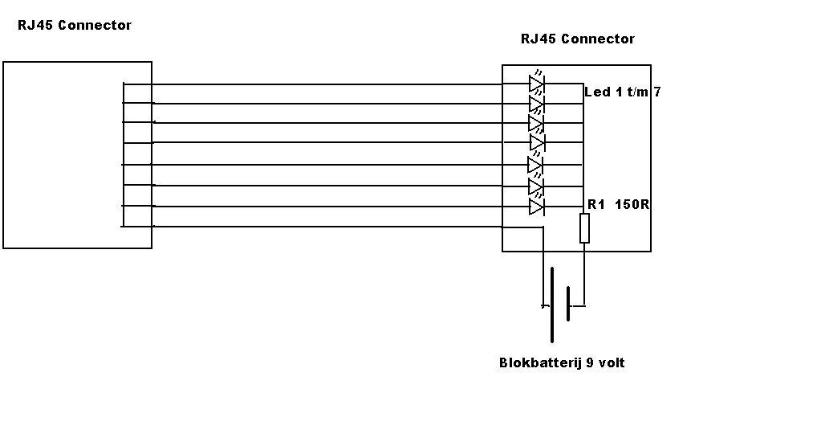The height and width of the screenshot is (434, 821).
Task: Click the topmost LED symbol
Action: coord(537,84)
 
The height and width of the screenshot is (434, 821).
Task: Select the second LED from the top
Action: coord(537,104)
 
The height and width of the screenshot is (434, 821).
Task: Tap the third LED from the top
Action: coord(536,123)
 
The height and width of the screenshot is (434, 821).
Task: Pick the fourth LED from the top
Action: coord(538,142)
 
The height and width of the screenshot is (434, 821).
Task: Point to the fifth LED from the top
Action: coord(535,165)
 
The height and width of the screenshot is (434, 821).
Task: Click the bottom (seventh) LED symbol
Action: coord(537,207)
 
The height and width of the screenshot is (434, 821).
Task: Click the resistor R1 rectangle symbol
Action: coord(584,228)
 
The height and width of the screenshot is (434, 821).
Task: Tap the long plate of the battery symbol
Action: coord(552,305)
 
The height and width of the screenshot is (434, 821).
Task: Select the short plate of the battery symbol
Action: coord(568,305)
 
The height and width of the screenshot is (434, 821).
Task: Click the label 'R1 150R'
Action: coord(618,205)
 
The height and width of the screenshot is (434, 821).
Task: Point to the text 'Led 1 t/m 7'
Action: coord(623,92)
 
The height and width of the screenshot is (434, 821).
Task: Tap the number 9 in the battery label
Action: coord(590,363)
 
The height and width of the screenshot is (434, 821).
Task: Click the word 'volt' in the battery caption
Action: coord(611,363)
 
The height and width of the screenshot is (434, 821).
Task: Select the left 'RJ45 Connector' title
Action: coord(75,26)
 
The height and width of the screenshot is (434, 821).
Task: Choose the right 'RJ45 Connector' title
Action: coord(577,39)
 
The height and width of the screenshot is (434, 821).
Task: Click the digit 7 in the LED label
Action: coord(656,92)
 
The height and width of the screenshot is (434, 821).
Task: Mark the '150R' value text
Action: coord(632,205)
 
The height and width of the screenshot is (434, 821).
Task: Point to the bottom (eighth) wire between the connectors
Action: coord(321,227)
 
